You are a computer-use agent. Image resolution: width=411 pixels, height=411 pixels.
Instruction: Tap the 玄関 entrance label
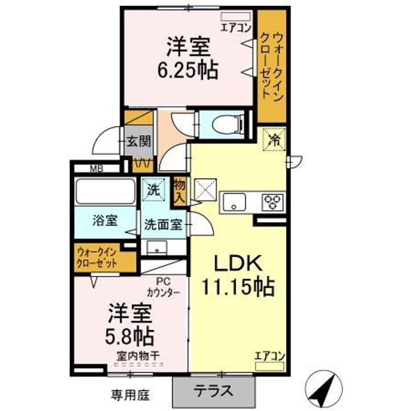coord(139,142)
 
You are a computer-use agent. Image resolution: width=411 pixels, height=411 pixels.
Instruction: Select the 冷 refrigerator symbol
coord(274,139)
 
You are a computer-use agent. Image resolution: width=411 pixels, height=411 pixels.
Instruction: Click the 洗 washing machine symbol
coord(154,190)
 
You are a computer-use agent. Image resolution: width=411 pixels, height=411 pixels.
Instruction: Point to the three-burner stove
coord(273,202)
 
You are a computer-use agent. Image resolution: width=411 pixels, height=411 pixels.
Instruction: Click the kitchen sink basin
coord(234,202)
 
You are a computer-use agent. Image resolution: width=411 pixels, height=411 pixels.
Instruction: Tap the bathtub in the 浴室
coord(105,191)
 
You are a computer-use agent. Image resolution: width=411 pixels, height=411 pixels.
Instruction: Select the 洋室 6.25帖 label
coord(188,58)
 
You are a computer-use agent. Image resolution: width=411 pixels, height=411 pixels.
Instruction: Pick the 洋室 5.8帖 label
coord(130,324)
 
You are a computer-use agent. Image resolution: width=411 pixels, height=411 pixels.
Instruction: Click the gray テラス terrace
coord(213,392)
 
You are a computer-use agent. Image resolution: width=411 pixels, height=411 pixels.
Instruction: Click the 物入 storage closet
coord(180,192)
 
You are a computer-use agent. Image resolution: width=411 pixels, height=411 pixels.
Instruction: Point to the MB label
coord(96,169)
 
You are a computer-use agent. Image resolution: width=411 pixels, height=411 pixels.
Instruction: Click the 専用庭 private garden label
coord(130,395)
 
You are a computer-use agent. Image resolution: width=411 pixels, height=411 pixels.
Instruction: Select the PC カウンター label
coord(163,288)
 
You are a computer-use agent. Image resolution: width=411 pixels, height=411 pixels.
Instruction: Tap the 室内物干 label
coord(138,356)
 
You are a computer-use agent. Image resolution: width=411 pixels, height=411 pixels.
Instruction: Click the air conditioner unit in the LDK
coord(269,366)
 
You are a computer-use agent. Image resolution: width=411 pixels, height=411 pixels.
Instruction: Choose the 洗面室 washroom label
coord(163,225)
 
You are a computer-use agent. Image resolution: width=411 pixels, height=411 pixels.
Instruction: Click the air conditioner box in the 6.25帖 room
coord(235,17)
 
